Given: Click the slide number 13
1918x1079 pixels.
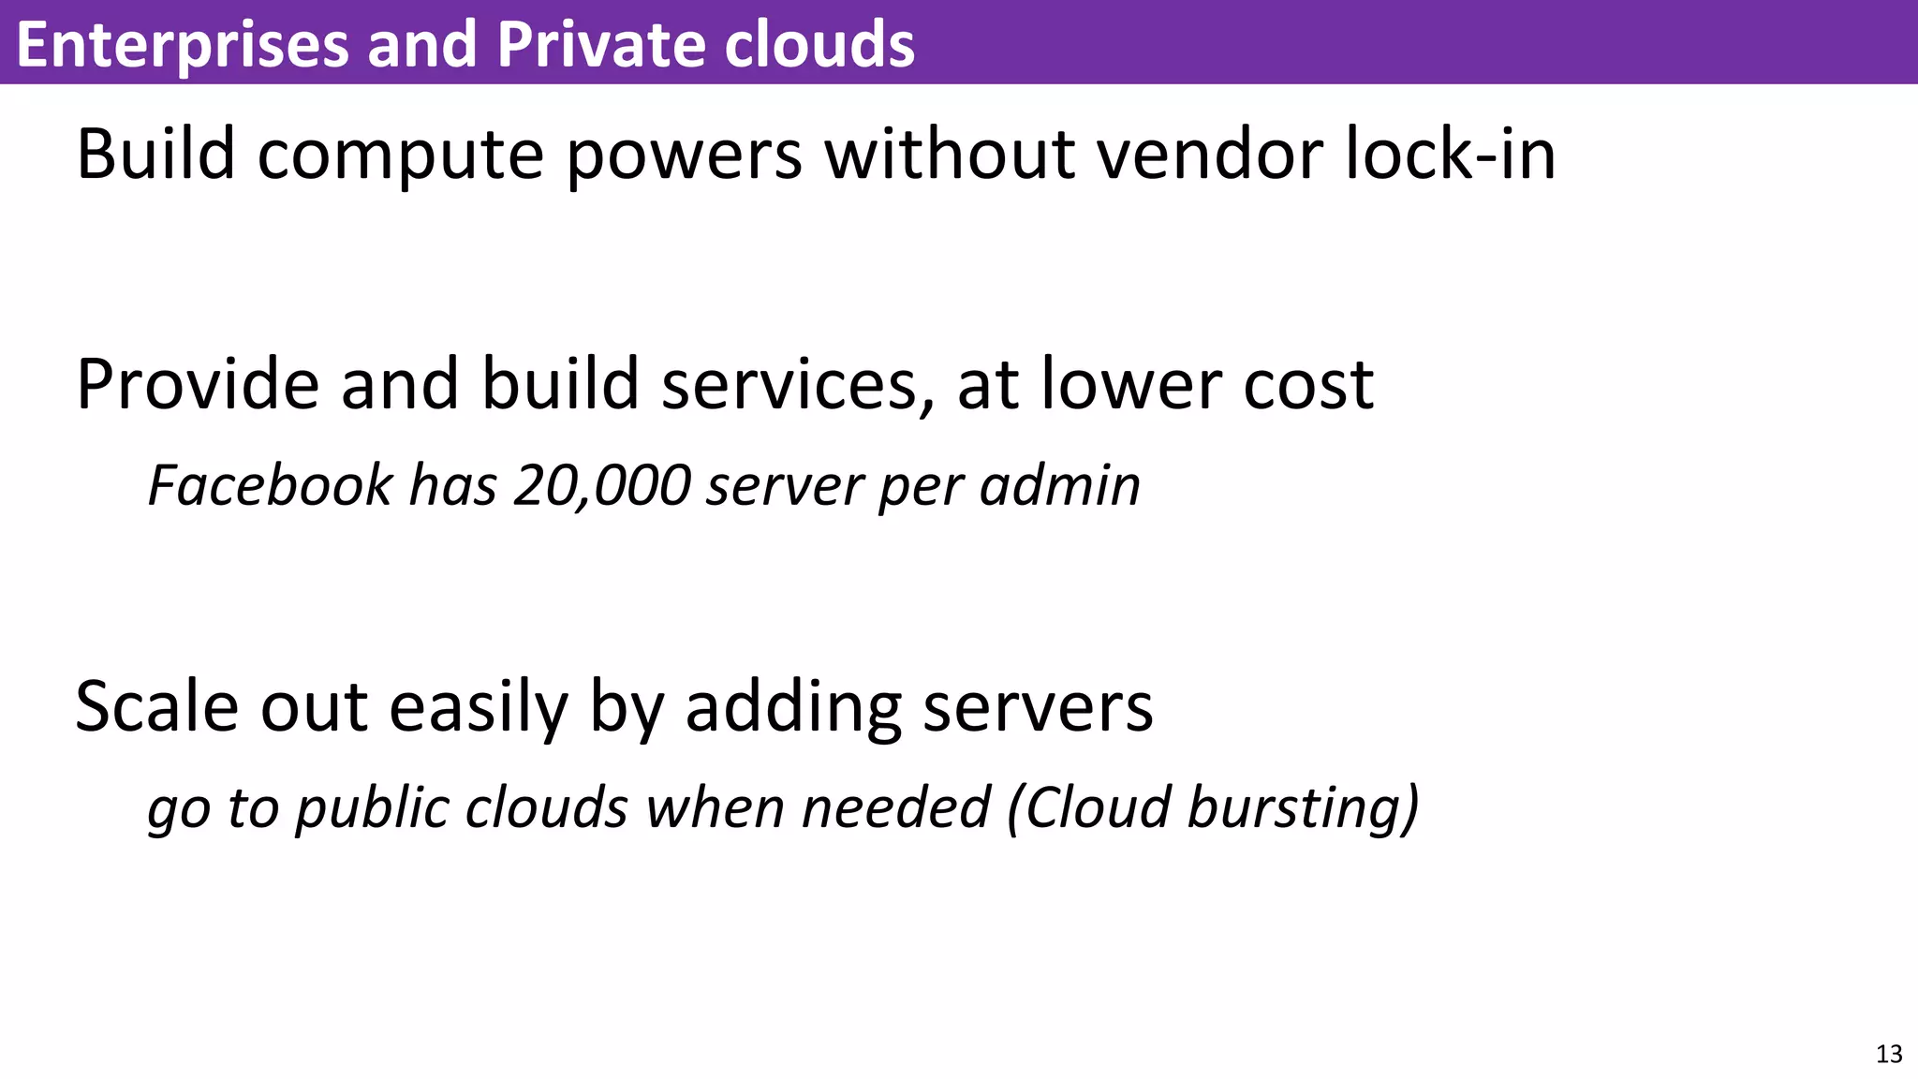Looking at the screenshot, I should (1889, 1054).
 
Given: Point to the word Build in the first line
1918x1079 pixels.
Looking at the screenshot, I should (155, 154).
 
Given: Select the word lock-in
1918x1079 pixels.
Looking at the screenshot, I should (1451, 154).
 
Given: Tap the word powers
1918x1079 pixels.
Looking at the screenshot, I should (685, 155).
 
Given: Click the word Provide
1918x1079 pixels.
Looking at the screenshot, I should (198, 384).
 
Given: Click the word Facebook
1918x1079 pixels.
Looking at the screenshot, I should (271, 485).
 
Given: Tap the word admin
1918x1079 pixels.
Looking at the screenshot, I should (1059, 485).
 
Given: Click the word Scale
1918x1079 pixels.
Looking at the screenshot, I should (156, 706).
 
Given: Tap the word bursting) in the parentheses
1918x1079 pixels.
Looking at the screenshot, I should (1303, 807).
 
